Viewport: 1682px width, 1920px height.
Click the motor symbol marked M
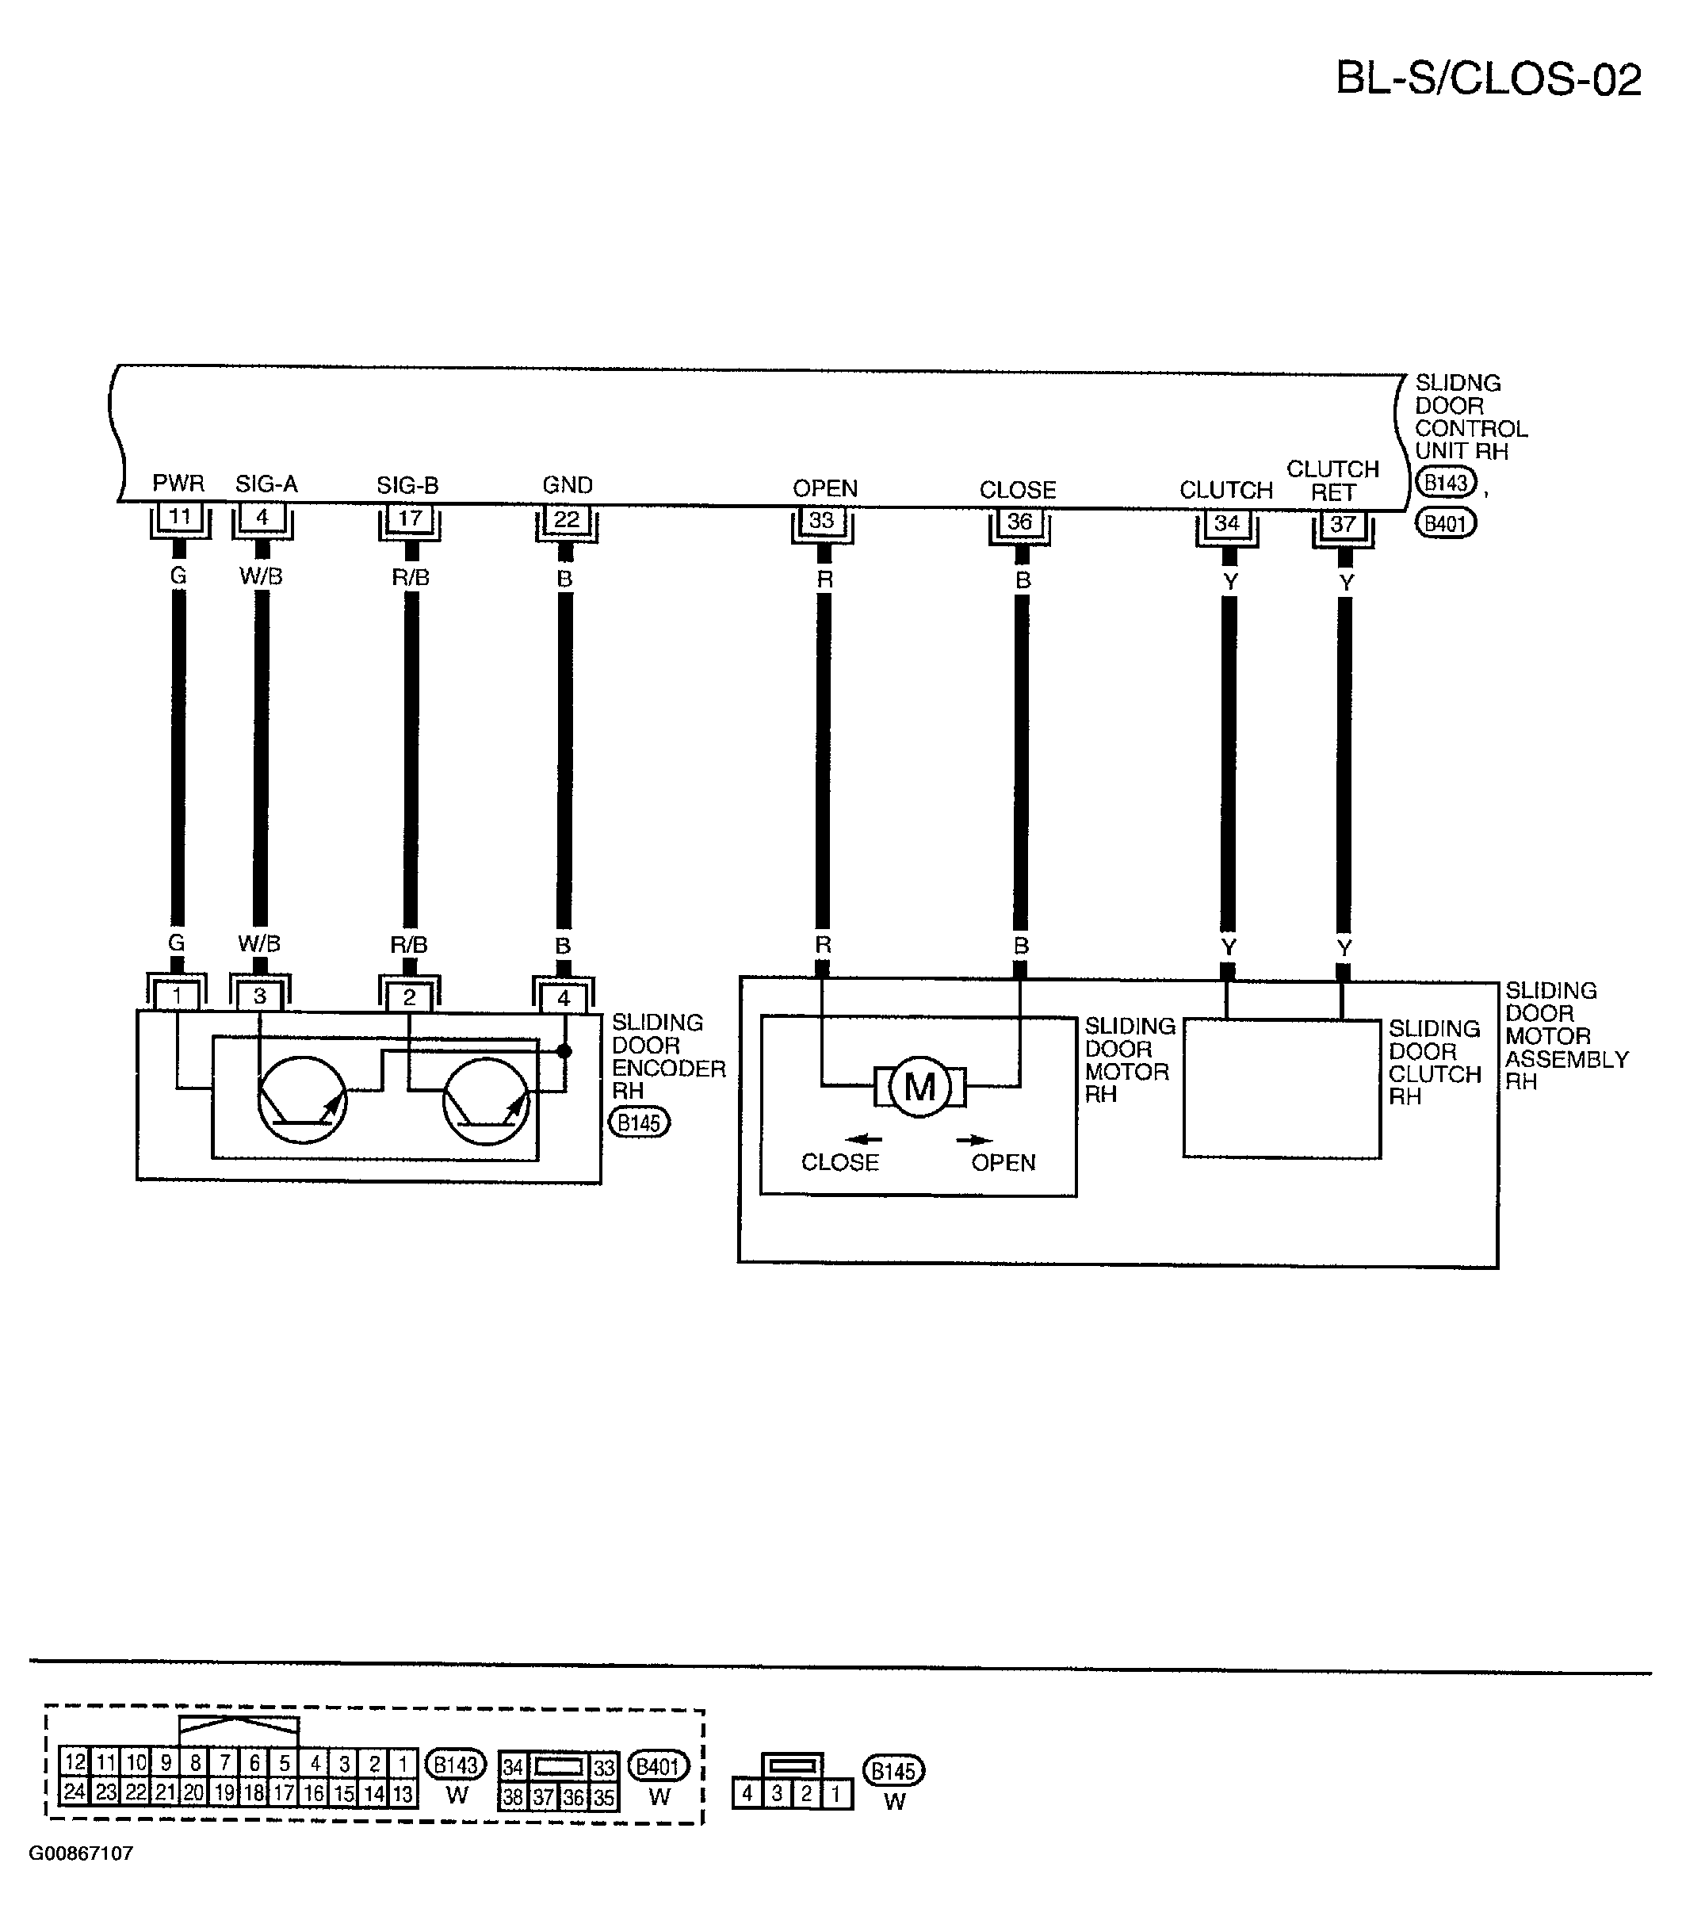click(x=919, y=1087)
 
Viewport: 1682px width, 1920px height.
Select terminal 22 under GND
click(x=566, y=518)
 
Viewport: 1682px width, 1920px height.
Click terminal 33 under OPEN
click(x=821, y=520)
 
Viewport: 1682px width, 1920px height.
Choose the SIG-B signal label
click(x=407, y=485)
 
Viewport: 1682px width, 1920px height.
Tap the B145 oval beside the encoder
click(x=639, y=1122)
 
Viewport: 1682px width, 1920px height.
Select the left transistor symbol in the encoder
click(x=302, y=1100)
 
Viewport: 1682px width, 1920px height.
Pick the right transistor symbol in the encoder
click(x=485, y=1100)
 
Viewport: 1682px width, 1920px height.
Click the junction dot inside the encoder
click(x=564, y=1050)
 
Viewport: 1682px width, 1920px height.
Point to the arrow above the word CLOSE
click(x=863, y=1140)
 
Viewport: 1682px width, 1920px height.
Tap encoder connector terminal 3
click(x=260, y=995)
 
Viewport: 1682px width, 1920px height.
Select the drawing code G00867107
click(x=81, y=1853)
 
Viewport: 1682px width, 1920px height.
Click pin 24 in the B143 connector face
click(x=75, y=1792)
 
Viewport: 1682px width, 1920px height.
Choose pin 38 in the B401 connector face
click(x=513, y=1797)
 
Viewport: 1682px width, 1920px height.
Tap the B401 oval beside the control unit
click(x=1446, y=523)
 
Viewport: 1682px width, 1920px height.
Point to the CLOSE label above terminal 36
click(x=1018, y=490)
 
